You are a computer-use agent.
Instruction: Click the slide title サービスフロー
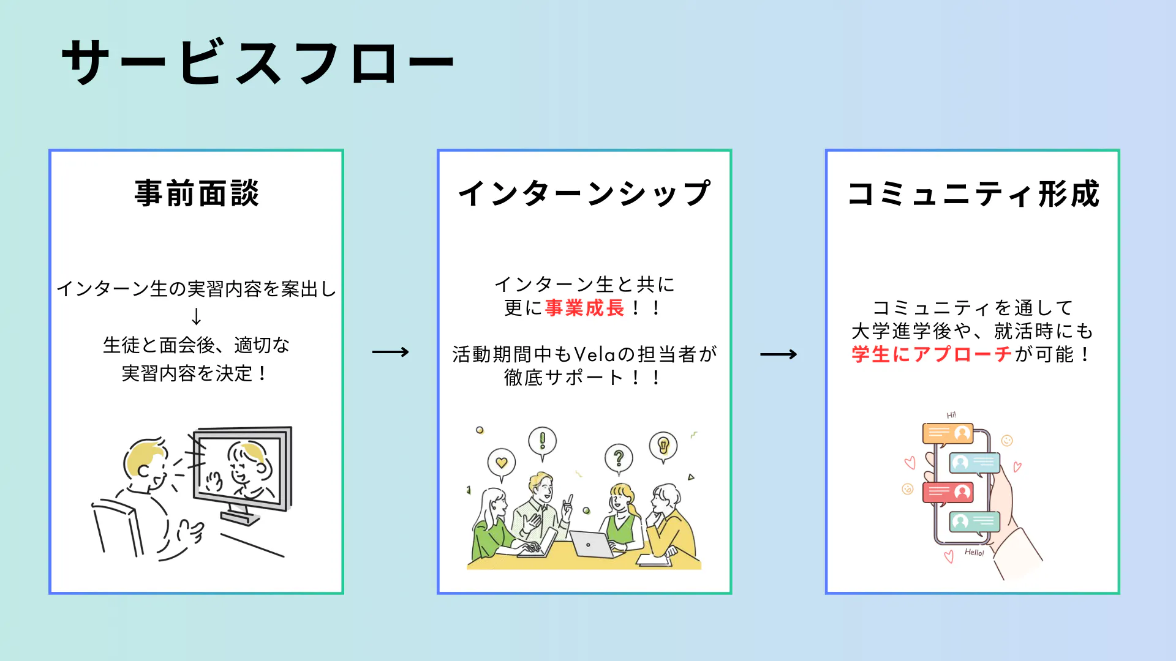point(257,62)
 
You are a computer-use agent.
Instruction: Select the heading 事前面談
point(197,193)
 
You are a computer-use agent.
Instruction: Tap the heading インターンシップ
point(584,193)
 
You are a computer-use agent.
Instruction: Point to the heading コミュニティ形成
point(973,193)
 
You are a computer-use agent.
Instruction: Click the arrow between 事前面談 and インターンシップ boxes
point(390,352)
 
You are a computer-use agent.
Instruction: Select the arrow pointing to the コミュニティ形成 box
point(778,354)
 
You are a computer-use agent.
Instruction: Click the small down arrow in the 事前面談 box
point(196,316)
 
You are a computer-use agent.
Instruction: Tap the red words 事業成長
point(584,308)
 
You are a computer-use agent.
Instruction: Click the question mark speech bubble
point(619,458)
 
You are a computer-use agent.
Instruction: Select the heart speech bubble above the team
point(502,463)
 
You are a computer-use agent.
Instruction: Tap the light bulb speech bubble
point(663,446)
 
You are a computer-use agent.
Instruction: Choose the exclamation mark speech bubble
point(542,441)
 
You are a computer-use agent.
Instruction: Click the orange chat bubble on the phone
point(948,434)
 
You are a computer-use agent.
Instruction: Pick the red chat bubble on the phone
point(948,492)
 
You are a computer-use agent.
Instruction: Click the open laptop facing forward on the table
point(591,543)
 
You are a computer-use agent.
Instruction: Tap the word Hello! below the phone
point(974,553)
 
